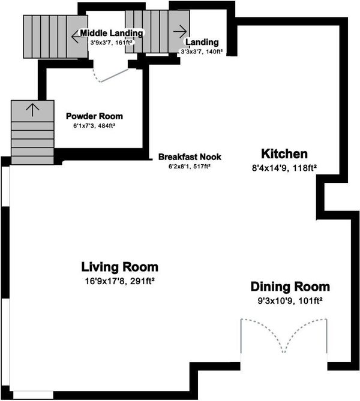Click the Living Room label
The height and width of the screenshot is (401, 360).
click(119, 267)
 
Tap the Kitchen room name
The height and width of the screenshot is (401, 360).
click(284, 154)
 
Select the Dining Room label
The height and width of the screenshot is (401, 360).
click(290, 287)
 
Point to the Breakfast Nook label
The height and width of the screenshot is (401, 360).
click(190, 157)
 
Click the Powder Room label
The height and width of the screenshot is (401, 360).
click(94, 116)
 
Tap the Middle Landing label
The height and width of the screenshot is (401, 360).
click(112, 33)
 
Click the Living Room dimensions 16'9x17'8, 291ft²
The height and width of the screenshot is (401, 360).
click(119, 281)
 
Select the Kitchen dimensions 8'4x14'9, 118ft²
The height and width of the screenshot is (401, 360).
click(284, 168)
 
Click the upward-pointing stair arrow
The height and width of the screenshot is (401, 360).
click(32, 110)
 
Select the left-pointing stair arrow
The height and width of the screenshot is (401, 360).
click(77, 37)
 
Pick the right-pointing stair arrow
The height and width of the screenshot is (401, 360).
click(180, 31)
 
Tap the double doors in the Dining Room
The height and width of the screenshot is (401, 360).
click(283, 336)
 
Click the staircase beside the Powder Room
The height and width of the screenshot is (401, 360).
click(32, 132)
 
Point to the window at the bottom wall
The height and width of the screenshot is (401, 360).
click(33, 395)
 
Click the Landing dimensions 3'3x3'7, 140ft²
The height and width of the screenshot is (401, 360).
click(202, 52)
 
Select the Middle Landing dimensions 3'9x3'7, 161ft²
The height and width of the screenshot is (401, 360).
click(112, 43)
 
